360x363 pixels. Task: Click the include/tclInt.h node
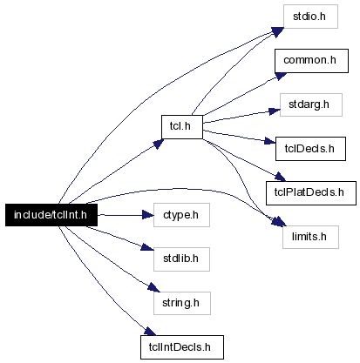[51, 215]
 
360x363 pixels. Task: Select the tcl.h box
[182, 127]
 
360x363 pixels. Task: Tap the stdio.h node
[310, 17]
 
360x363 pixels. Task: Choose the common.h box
[311, 61]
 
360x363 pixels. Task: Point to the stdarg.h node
[311, 104]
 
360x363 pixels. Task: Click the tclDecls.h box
[310, 149]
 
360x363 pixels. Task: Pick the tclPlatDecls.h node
[311, 193]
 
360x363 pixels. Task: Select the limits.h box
[310, 237]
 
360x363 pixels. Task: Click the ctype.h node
[181, 215]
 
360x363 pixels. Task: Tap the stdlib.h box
[181, 259]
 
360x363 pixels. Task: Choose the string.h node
[182, 303]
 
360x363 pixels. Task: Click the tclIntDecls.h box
[182, 347]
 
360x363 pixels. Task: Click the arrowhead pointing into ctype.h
[148, 215]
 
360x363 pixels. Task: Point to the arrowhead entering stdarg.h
[275, 111]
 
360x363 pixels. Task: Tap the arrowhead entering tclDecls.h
[270, 141]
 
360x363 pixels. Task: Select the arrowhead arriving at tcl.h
[158, 144]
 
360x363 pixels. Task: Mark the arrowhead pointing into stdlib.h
[147, 247]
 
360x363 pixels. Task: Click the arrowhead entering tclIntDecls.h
[150, 331]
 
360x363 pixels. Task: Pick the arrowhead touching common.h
[281, 76]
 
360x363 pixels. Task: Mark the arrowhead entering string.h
[154, 287]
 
